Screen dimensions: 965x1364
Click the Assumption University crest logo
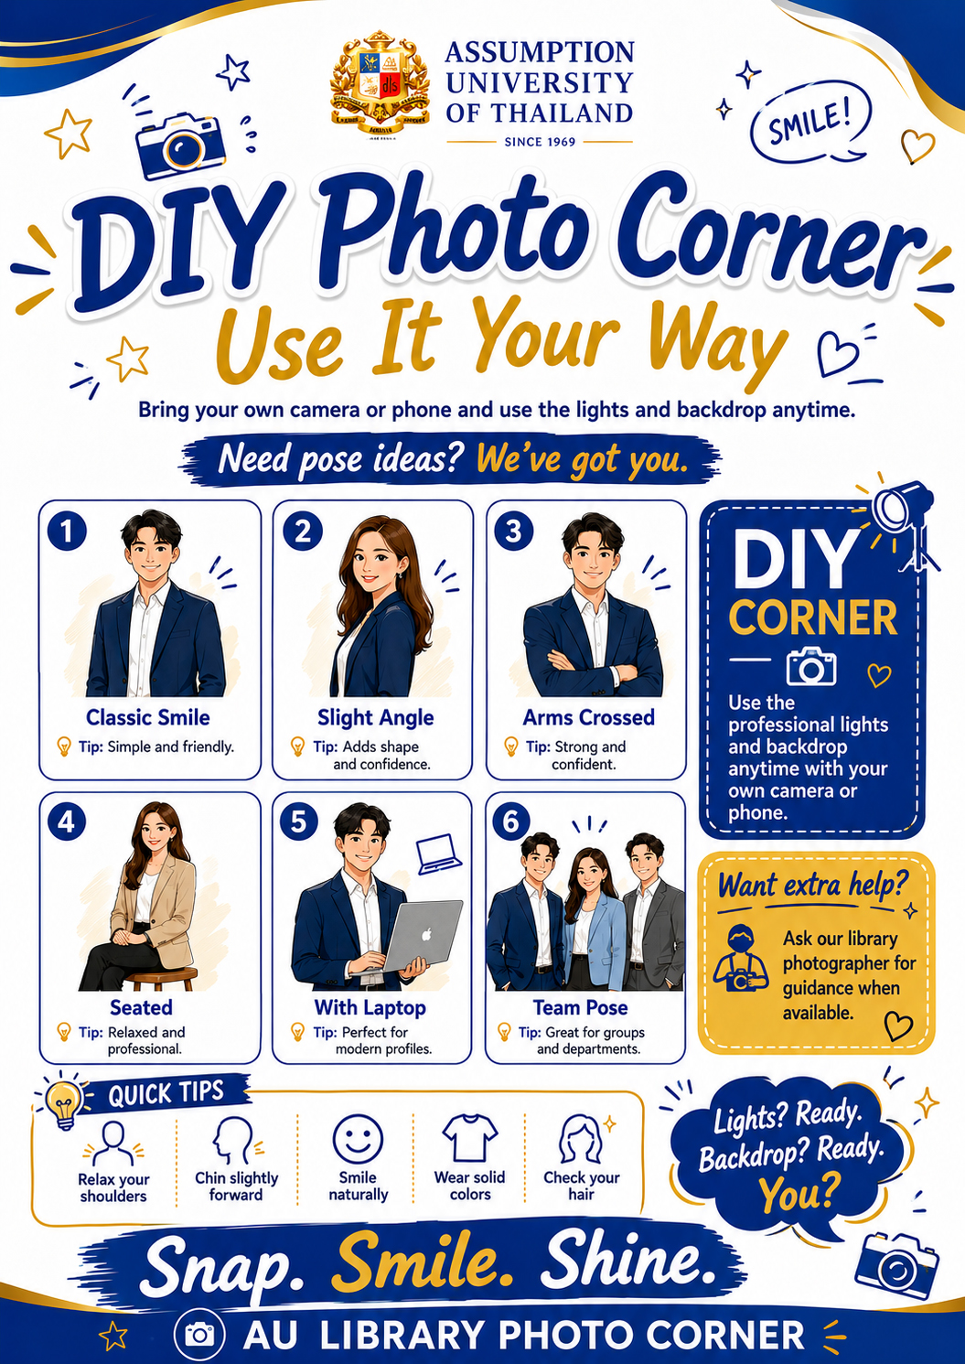pos(381,83)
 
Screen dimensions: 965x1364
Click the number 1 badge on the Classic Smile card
pos(67,531)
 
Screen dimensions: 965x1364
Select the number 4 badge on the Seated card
pos(67,822)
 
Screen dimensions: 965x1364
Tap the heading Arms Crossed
pos(588,717)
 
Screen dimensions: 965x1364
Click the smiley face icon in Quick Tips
pos(358,1139)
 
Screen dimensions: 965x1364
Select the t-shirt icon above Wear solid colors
pos(469,1138)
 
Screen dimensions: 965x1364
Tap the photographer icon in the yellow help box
pos(740,959)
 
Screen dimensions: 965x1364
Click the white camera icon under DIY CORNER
pos(811,666)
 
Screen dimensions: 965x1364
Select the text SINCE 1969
pos(540,141)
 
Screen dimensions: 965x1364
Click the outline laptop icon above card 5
pos(439,854)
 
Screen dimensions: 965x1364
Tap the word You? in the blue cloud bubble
pos(796,1193)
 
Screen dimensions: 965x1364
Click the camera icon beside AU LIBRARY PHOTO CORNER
pos(199,1335)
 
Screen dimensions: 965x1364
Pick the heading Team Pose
pos(580,1008)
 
